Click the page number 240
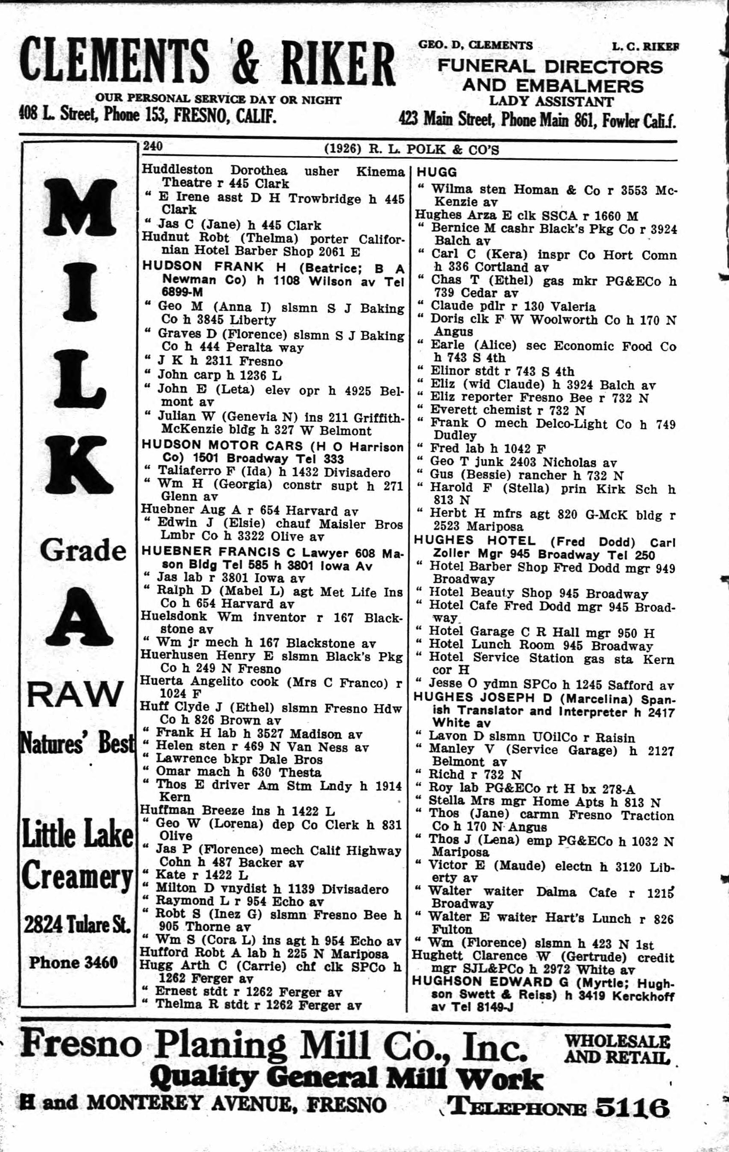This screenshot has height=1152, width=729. coord(153,146)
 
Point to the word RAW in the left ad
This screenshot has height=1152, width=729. coord(75,694)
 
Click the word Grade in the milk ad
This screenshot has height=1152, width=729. coord(83,551)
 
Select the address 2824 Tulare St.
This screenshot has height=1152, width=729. coord(76,926)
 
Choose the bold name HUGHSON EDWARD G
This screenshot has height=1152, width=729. coord(486,982)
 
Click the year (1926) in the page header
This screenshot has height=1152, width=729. coord(342,149)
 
